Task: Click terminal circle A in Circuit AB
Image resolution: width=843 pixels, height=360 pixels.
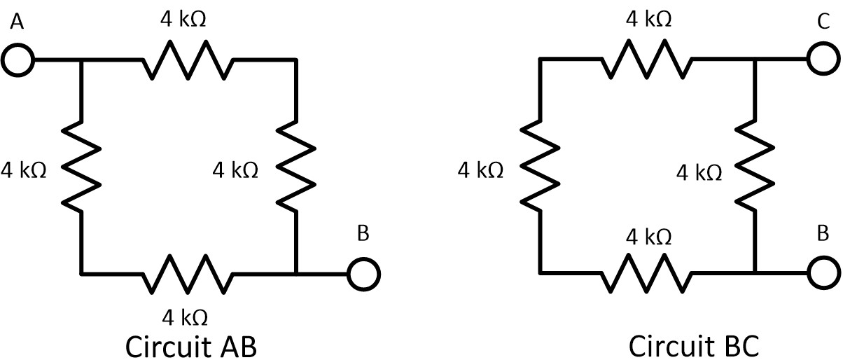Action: (x=18, y=60)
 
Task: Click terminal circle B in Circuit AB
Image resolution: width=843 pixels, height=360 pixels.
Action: (x=363, y=272)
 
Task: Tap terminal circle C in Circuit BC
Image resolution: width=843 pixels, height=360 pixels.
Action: (x=823, y=60)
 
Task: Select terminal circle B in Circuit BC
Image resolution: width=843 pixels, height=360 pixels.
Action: (x=823, y=272)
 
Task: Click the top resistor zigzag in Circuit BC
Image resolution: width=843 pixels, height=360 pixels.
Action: (x=648, y=60)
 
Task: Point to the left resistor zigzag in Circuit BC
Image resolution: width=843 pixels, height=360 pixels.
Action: (x=540, y=168)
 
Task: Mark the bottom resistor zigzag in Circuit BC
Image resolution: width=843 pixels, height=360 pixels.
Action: (x=648, y=272)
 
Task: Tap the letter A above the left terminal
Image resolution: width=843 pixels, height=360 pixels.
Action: (x=18, y=24)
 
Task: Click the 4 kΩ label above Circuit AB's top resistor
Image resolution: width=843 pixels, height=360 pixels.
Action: (x=183, y=20)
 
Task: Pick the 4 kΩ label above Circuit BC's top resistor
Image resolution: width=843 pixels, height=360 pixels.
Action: (x=649, y=20)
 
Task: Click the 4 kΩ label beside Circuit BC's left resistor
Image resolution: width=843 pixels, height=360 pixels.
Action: (x=480, y=169)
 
